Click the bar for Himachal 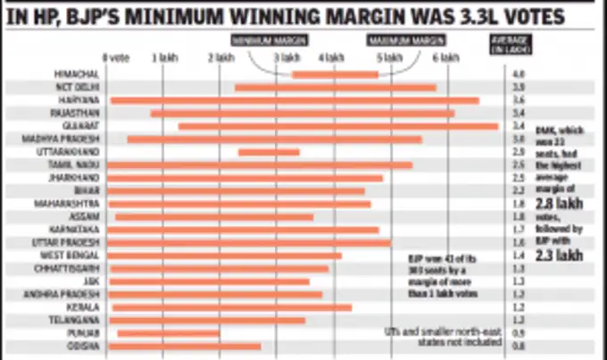point(335,74)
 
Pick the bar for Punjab point(169,332)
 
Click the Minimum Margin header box point(262,39)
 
